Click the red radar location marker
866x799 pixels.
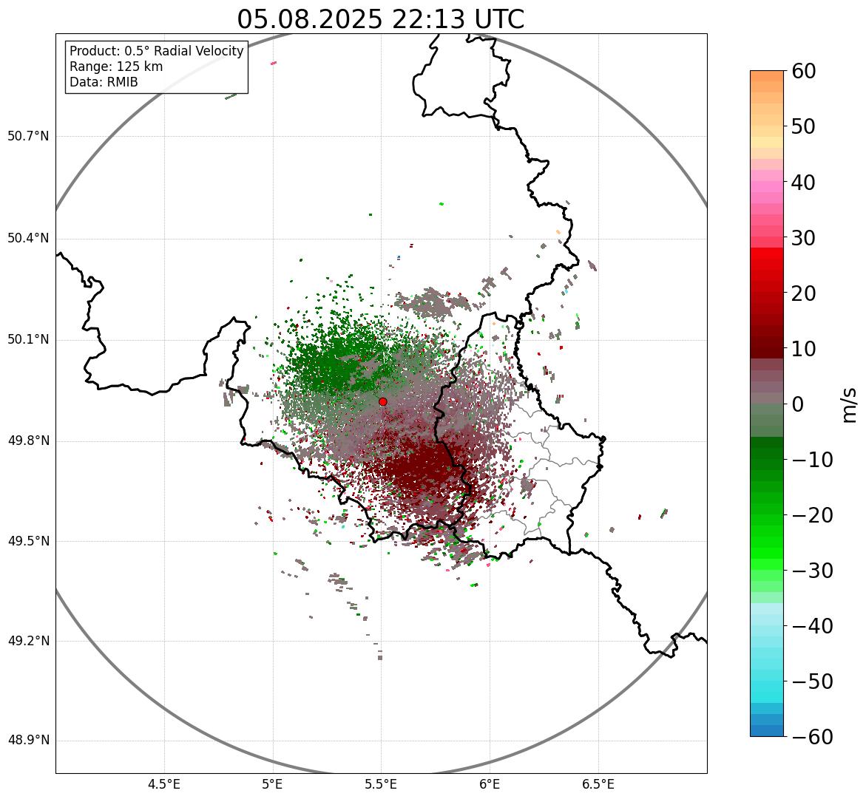[x=382, y=401]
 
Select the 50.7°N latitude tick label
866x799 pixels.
[x=28, y=136]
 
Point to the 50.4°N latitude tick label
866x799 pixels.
[x=28, y=238]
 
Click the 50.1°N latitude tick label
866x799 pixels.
[x=28, y=340]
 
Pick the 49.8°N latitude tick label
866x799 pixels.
[x=28, y=441]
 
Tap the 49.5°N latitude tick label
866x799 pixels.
[x=28, y=541]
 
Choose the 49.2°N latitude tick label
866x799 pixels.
[x=28, y=641]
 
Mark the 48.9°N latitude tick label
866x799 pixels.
[x=28, y=741]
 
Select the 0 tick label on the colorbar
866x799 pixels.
[x=798, y=404]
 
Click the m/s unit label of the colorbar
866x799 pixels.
[x=850, y=404]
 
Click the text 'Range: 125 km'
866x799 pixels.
[x=116, y=67]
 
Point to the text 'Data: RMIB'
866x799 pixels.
[x=104, y=82]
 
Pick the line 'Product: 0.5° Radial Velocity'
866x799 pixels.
[x=156, y=51]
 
